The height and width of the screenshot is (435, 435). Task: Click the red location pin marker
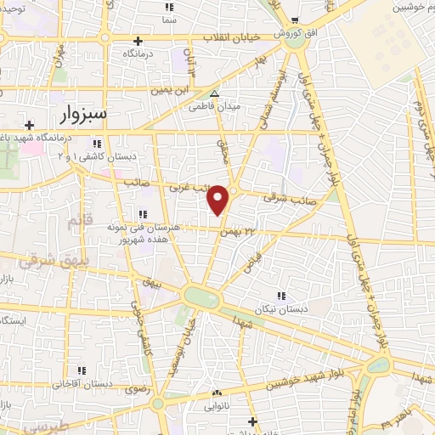219,200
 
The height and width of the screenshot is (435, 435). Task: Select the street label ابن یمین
167,89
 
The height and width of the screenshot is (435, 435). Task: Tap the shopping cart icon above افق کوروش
294,20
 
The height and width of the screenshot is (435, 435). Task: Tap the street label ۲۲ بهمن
237,230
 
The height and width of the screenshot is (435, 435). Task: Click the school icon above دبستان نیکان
278,297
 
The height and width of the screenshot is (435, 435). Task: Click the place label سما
170,19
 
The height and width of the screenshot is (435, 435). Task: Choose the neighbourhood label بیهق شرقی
37,262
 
